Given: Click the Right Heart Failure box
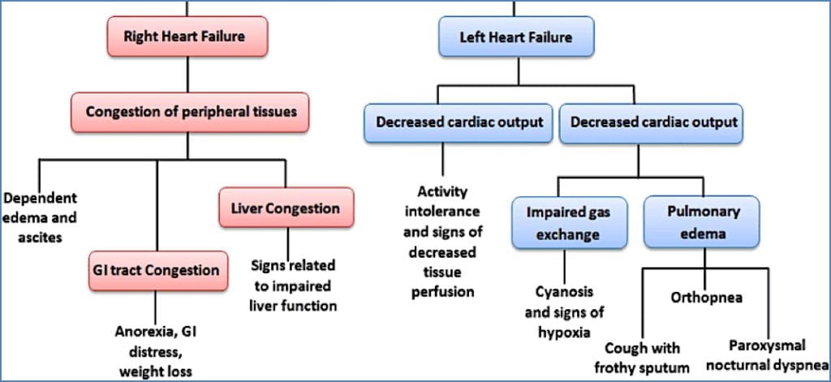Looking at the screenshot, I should (x=187, y=36).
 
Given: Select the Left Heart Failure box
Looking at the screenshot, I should (x=515, y=37).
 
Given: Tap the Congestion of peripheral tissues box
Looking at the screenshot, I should (x=189, y=112).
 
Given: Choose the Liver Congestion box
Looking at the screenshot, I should (x=286, y=208).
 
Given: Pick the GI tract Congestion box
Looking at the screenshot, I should (x=155, y=269).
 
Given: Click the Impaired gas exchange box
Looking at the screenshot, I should (x=562, y=223).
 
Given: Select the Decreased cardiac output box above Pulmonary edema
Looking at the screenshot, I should (x=654, y=122).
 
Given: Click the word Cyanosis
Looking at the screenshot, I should (x=564, y=291).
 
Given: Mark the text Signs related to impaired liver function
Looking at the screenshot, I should (x=293, y=285).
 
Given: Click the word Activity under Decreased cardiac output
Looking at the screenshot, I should (x=444, y=192).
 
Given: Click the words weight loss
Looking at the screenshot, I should (x=156, y=372).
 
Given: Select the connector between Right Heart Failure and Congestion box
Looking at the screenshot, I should (x=188, y=75).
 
